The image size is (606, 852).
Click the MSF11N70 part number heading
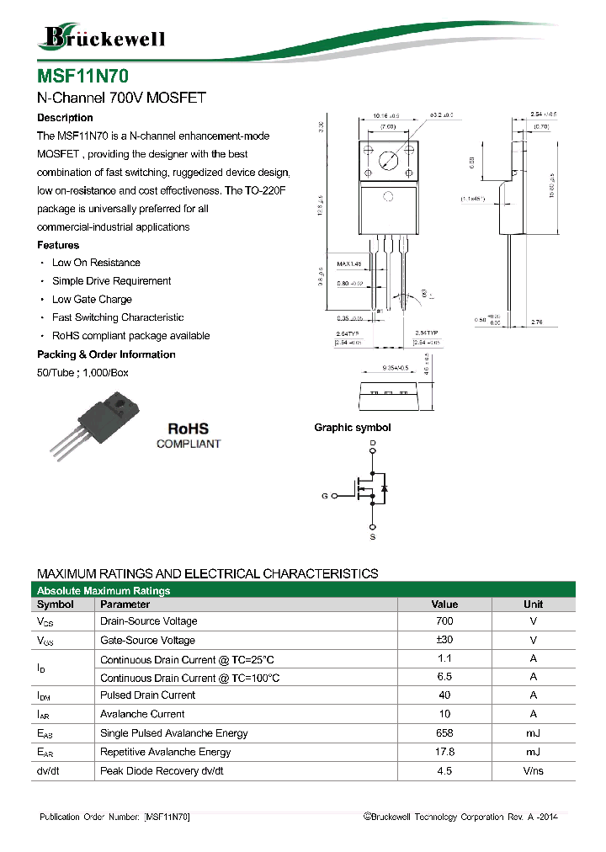click(82, 76)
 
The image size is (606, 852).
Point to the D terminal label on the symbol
click(373, 442)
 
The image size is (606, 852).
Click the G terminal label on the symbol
click(324, 497)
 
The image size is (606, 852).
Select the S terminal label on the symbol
click(373, 535)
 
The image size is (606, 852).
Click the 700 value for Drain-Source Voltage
click(444, 621)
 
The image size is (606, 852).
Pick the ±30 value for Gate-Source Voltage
click(444, 641)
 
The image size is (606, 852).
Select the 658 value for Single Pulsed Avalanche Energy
click(444, 733)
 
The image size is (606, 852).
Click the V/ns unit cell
click(533, 771)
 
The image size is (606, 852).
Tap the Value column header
click(444, 604)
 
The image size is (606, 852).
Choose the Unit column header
click(533, 604)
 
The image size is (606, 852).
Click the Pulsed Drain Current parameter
click(147, 695)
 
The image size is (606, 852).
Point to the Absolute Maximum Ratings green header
click(104, 591)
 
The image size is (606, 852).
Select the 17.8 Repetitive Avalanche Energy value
click(444, 752)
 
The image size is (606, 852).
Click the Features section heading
click(58, 245)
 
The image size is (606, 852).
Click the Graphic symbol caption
click(352, 428)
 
